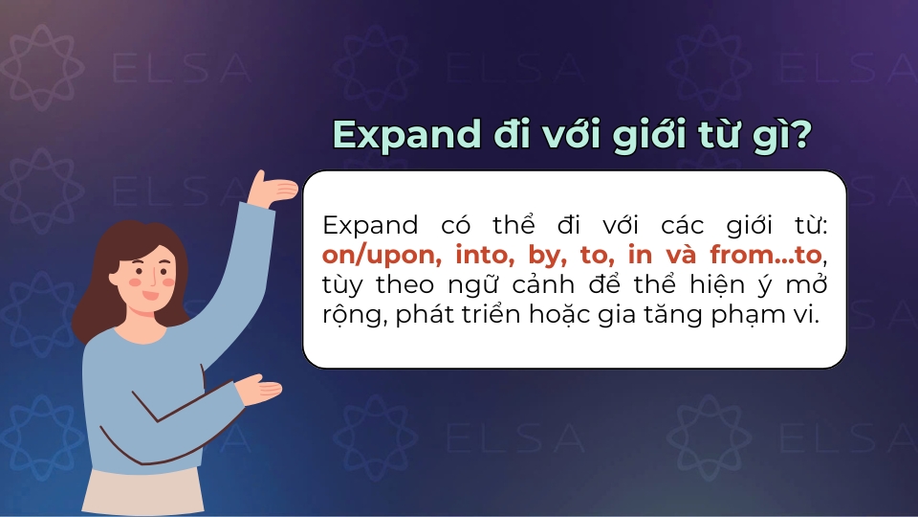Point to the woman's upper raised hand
(x=276, y=189)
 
